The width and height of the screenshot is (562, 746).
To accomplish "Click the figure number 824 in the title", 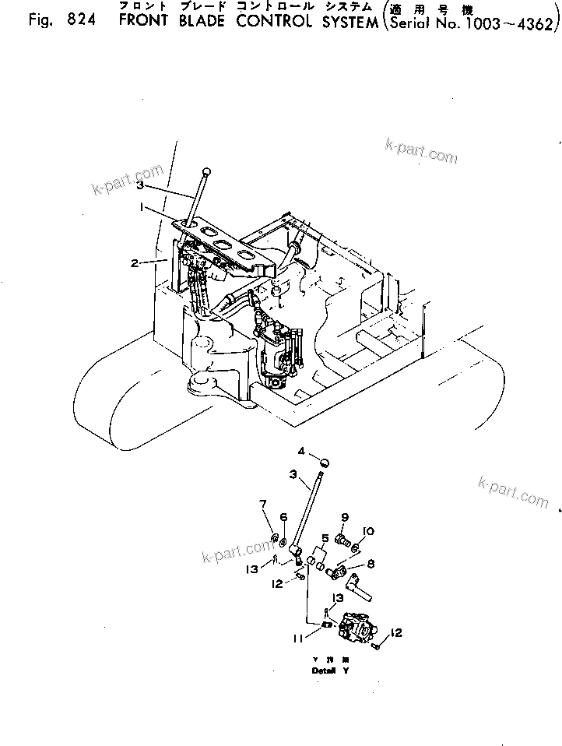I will pos(78,20).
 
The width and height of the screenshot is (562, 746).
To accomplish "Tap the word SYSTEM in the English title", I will pos(336,20).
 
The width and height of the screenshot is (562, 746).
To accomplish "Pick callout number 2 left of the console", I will pos(135,263).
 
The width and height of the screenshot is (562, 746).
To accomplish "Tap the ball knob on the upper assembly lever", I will pos(205,171).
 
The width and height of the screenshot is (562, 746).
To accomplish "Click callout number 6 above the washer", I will pos(283,517).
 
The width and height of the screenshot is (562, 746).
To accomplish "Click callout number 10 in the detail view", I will pos(368,531).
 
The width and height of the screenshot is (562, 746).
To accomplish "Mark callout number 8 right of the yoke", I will pos(371,565).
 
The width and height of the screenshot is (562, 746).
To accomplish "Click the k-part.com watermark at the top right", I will pos(421,150).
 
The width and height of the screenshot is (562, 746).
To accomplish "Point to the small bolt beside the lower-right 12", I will pos(377,645).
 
